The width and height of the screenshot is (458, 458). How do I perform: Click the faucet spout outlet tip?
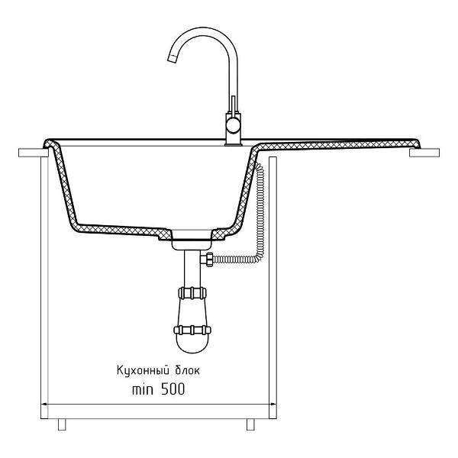172,59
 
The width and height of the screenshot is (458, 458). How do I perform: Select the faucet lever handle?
233,105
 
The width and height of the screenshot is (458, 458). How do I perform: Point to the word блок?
188,371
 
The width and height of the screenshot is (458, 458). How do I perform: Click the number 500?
173,389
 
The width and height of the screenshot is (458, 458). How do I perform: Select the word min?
143,389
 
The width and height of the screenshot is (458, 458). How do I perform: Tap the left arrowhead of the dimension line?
44,405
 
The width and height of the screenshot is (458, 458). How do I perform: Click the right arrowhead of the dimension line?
273,405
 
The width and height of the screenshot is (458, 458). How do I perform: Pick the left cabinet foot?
62,424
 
